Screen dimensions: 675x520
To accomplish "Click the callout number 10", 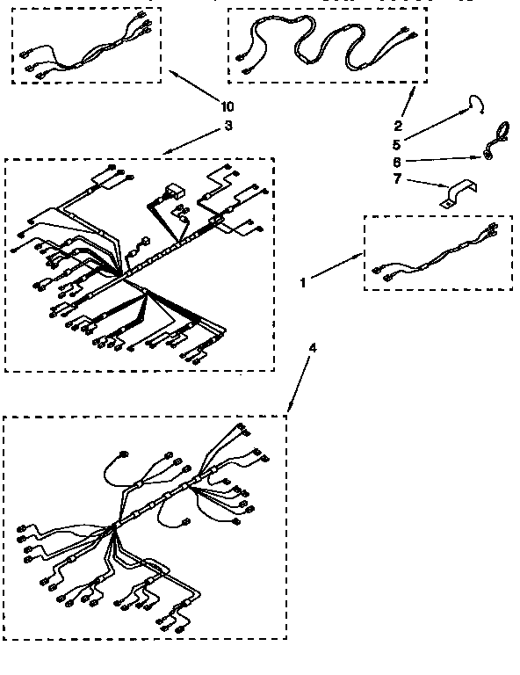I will [x=228, y=107].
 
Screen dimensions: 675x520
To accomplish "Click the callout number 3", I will [x=228, y=126].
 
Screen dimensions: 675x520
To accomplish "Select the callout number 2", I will [x=397, y=126].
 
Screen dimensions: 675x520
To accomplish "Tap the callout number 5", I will [x=397, y=144].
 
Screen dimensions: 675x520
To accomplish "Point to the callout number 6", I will [x=397, y=163].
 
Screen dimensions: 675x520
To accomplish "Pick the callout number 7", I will [x=397, y=181].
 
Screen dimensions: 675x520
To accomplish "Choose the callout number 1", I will [x=303, y=283].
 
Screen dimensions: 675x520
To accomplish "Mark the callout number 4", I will [x=314, y=347].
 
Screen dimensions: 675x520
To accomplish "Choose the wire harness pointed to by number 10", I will [x=86, y=46].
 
